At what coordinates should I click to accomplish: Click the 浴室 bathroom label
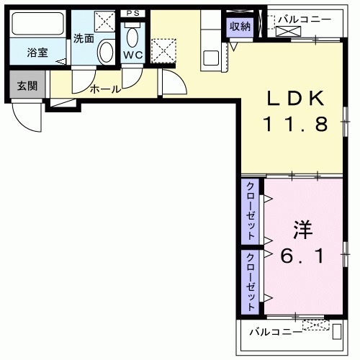[x=37, y=53]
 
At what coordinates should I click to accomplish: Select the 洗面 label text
[x=83, y=38]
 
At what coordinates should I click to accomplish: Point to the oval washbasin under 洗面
[x=106, y=51]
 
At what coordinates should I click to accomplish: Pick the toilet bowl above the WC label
[x=132, y=36]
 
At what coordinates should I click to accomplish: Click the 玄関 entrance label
[x=27, y=86]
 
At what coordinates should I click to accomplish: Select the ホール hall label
[x=105, y=90]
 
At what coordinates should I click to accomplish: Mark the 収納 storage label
[x=240, y=26]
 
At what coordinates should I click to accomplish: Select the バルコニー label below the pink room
[x=276, y=332]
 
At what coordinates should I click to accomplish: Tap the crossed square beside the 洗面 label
[x=107, y=22]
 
